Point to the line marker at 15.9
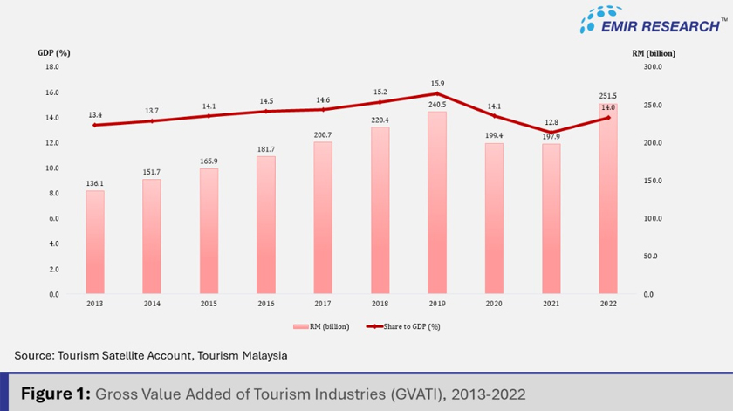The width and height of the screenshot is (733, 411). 436,93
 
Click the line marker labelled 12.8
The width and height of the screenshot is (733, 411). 551,133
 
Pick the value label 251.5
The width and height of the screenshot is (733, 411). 607,95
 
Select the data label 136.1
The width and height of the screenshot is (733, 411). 94,183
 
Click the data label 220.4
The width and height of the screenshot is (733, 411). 380,120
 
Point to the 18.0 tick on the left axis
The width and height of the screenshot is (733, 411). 51,66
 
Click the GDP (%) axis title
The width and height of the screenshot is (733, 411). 53,52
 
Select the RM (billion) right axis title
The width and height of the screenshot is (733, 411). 654,52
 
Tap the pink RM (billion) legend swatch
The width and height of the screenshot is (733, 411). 301,326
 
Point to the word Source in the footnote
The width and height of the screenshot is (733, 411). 33,355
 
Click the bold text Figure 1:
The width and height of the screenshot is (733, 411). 54,394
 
